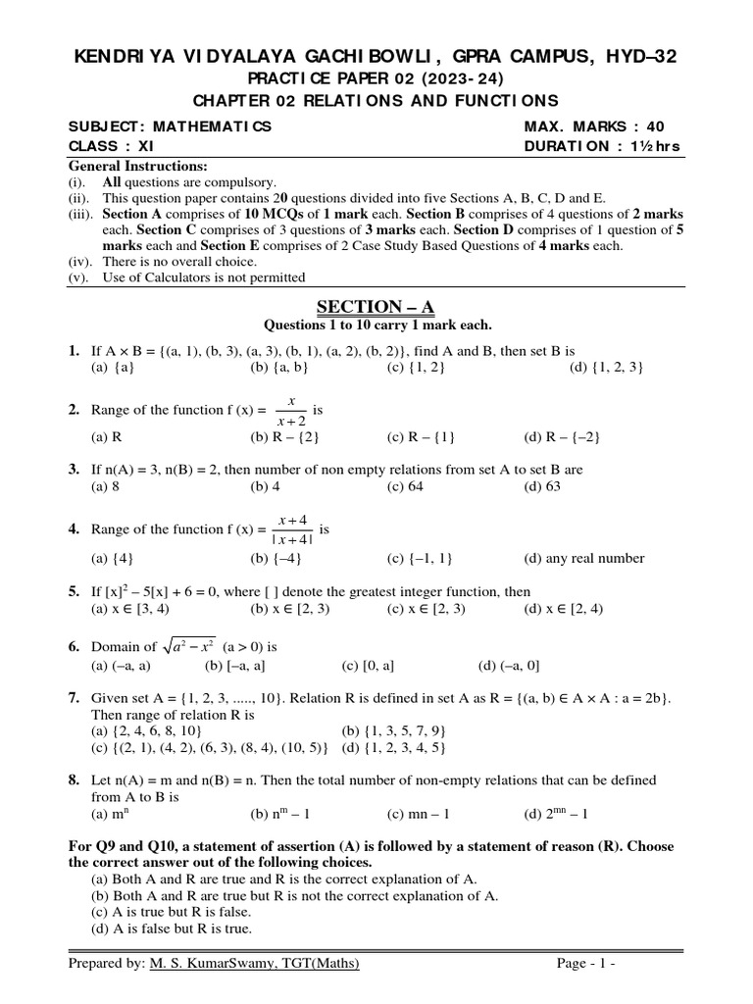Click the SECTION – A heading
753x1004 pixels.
point(376,308)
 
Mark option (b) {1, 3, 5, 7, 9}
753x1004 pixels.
point(394,731)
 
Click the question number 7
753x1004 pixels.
point(74,697)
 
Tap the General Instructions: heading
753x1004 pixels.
point(137,166)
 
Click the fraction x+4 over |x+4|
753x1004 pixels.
point(291,529)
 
